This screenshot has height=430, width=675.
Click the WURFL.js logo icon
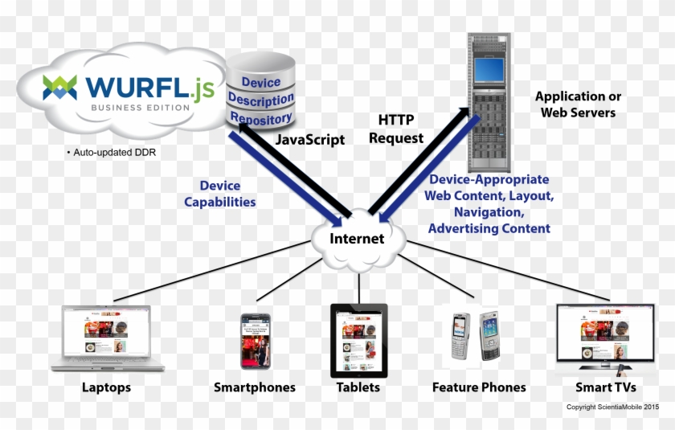tap(59, 87)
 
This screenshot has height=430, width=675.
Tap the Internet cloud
tap(358, 239)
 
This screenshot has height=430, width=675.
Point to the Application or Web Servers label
tap(578, 104)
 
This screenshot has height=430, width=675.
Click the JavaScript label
tap(309, 139)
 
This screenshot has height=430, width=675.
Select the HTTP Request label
tap(396, 129)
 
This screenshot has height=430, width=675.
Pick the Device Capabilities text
tap(220, 194)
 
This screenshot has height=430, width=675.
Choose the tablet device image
tap(358, 340)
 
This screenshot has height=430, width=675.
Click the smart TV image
tap(604, 338)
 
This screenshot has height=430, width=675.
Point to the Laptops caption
tap(106, 387)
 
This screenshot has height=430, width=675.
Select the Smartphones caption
tap(254, 387)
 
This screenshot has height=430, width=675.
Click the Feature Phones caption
tap(479, 387)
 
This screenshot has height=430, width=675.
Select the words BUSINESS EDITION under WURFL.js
tap(140, 108)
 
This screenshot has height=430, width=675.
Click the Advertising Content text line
tap(489, 228)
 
